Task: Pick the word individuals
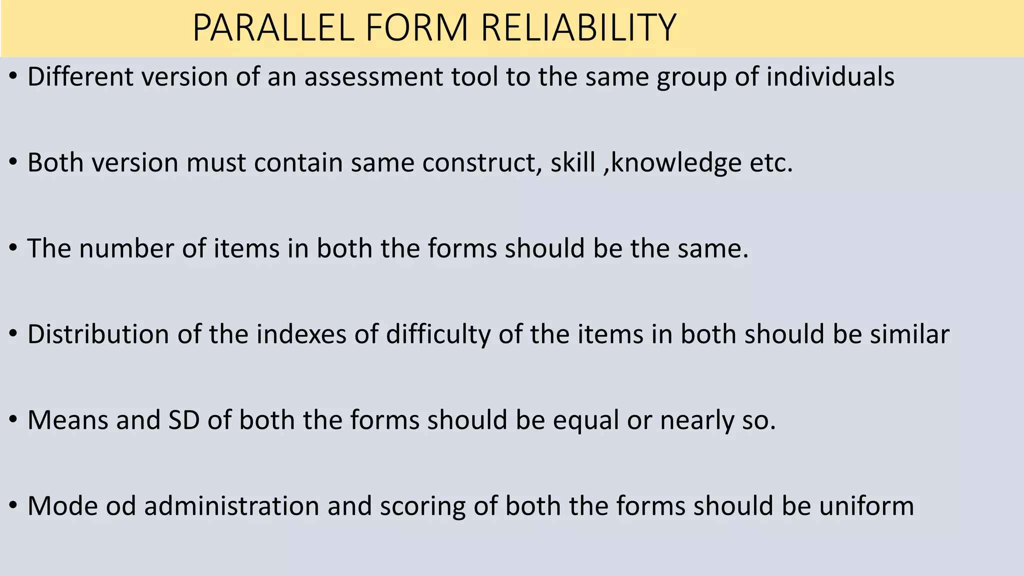[x=830, y=77]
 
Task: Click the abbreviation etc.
[x=771, y=163]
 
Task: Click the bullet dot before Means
[x=13, y=420]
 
